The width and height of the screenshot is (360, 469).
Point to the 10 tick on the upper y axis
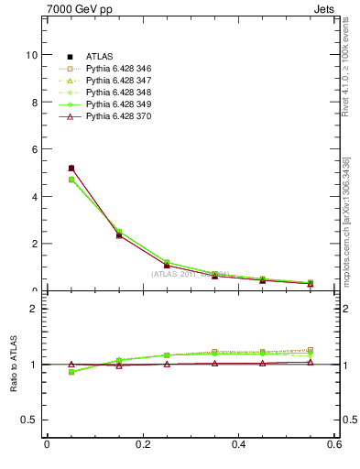[33, 55]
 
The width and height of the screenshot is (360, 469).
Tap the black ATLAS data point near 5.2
[71, 169]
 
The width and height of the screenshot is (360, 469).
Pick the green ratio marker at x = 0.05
[71, 372]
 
